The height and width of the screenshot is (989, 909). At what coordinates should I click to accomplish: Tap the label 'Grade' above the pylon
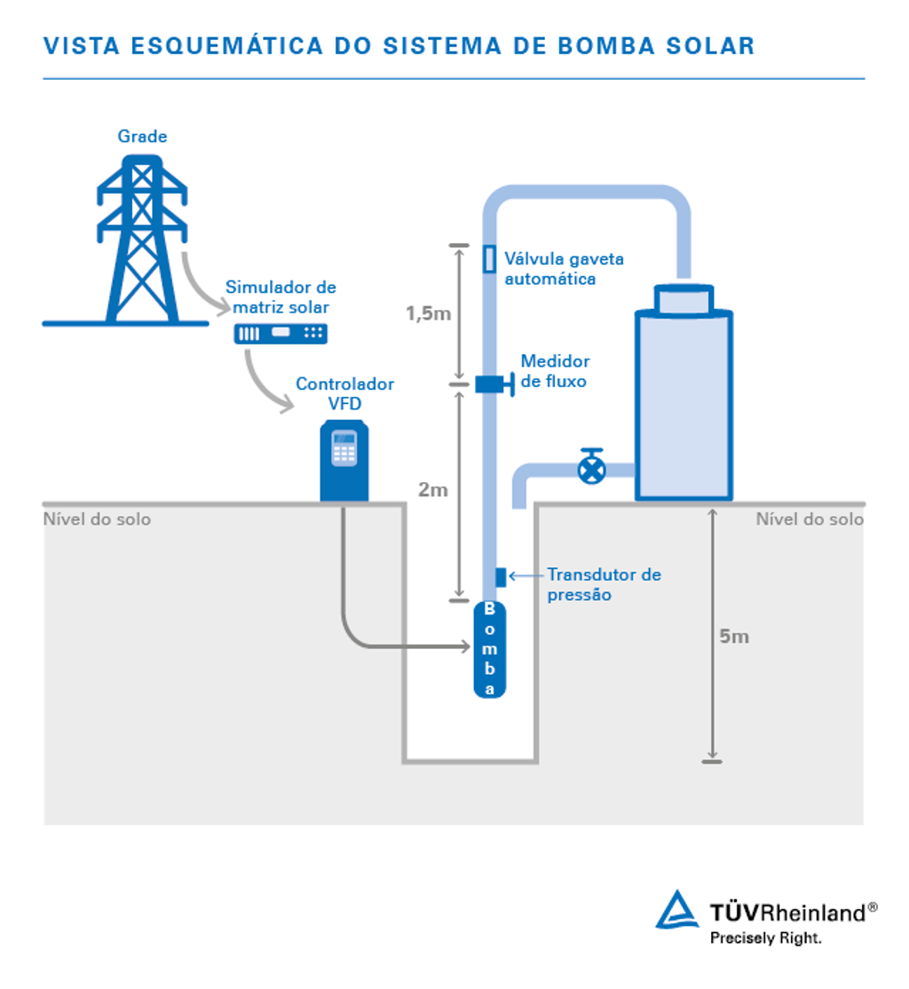tap(142, 137)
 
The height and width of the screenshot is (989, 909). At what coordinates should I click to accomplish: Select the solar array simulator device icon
tap(280, 334)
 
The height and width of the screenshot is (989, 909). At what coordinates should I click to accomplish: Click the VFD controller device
tap(344, 462)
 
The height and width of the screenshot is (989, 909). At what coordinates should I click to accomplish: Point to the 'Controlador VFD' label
tap(344, 393)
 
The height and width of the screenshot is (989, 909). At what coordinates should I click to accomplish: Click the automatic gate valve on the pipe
tap(489, 258)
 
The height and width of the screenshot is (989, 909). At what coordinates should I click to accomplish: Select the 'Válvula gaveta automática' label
tap(564, 268)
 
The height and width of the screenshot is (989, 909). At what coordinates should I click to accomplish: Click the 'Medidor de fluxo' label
tap(555, 371)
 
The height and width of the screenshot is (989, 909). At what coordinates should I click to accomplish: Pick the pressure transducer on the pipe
tap(500, 576)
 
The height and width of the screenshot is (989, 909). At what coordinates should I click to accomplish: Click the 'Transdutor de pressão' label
tap(603, 584)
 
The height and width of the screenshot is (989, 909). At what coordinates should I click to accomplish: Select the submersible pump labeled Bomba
tap(489, 649)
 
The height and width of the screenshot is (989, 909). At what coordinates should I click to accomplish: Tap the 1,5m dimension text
tap(428, 313)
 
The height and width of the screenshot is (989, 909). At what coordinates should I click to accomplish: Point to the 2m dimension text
tap(433, 490)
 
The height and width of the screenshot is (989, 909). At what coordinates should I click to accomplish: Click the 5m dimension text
tap(733, 637)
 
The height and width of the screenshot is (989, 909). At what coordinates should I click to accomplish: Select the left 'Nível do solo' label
tap(97, 519)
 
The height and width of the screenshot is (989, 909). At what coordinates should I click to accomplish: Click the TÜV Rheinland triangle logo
tap(677, 911)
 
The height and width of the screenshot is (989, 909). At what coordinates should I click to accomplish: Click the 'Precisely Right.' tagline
tap(765, 938)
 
